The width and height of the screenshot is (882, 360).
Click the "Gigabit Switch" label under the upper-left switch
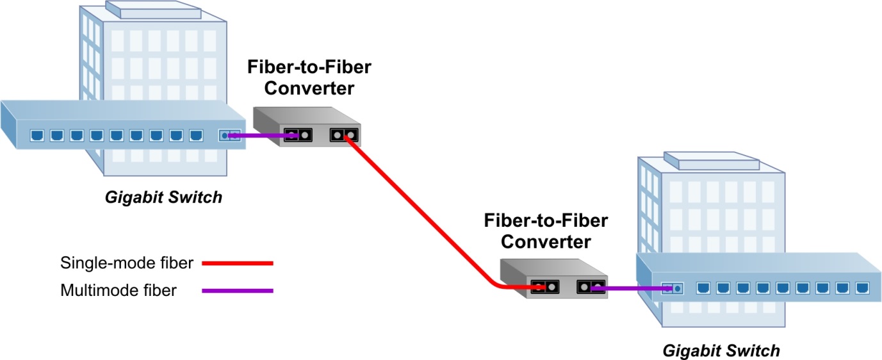163,197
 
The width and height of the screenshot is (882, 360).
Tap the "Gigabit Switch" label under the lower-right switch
721,350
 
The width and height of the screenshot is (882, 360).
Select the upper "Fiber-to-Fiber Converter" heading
309,77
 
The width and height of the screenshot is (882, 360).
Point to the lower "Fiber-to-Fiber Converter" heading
546,231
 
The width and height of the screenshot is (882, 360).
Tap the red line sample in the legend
238,263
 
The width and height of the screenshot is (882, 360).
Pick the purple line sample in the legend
238,291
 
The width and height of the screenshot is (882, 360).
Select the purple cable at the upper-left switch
259,135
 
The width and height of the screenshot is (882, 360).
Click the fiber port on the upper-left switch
229,135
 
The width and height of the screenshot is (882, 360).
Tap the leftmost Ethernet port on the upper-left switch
37,135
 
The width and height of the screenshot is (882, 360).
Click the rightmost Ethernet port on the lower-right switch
860,288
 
